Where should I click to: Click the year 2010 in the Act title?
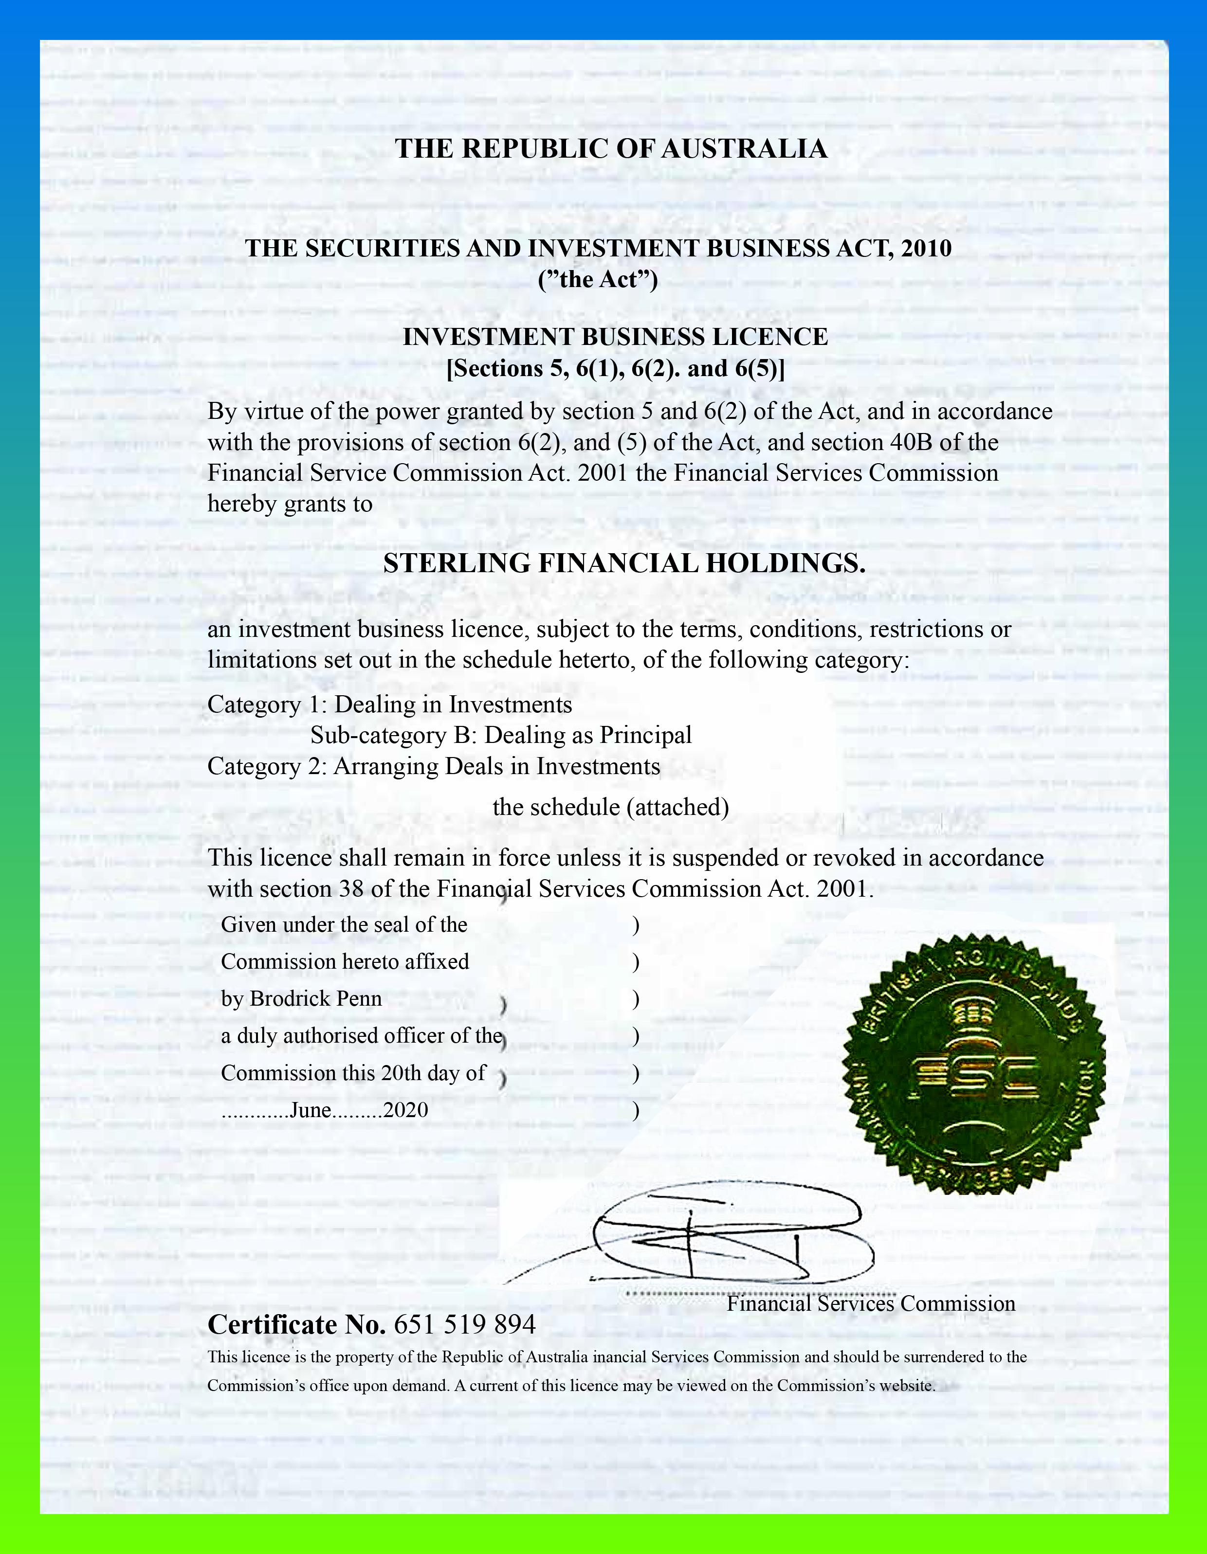(x=925, y=248)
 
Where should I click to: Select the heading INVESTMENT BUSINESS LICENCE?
(x=615, y=337)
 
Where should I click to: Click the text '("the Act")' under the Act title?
(x=598, y=280)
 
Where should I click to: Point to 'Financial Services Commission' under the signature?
(x=870, y=1303)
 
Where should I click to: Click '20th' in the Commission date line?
(x=402, y=1073)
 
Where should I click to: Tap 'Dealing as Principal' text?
(x=588, y=735)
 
